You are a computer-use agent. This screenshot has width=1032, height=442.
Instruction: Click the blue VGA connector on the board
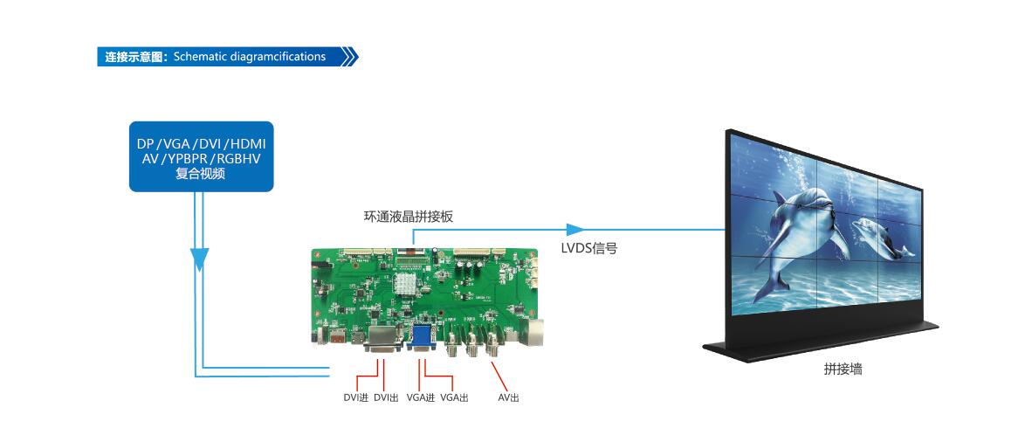coord(420,338)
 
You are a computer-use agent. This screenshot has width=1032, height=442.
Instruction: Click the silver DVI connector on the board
coord(382,340)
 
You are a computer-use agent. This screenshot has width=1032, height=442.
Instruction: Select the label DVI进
coord(355,398)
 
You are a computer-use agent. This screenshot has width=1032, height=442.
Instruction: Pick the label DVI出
coord(386,398)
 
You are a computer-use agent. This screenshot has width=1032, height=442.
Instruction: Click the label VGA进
coord(421,398)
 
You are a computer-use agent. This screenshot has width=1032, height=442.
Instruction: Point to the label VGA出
coord(454,398)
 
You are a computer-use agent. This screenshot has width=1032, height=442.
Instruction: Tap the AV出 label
coord(508,398)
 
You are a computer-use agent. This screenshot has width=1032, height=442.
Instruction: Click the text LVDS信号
coord(589,248)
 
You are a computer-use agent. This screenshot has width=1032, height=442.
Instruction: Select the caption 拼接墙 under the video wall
coord(843,369)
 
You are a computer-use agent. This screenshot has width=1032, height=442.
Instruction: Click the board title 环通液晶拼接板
coord(409,216)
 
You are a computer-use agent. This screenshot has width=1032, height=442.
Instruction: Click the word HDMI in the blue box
coord(248,143)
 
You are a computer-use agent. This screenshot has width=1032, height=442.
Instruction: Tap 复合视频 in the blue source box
coord(201,174)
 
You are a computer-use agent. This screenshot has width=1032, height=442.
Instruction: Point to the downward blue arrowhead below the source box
coord(200,258)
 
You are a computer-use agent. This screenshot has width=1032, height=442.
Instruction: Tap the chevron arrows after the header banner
coord(349,57)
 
